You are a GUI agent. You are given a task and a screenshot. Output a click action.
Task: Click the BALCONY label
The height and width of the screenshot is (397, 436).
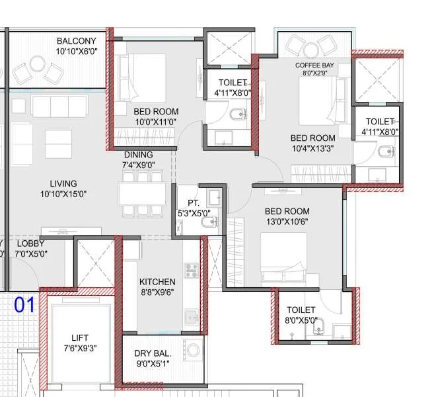pyautogui.click(x=76, y=41)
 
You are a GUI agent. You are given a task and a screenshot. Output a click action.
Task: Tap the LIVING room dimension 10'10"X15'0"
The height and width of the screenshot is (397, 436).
pyautogui.click(x=63, y=194)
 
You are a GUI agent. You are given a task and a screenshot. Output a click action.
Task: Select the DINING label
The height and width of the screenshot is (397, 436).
pyautogui.click(x=139, y=155)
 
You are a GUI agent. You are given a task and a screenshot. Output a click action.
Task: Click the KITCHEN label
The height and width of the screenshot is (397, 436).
pyautogui.click(x=157, y=282)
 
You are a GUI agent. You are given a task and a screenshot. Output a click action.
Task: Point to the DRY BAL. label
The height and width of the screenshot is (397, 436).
pyautogui.click(x=153, y=353)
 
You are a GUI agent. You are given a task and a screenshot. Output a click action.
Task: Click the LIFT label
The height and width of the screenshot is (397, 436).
pyautogui.click(x=80, y=338)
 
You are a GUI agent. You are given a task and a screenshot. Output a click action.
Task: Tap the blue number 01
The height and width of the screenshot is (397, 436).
pyautogui.click(x=24, y=305)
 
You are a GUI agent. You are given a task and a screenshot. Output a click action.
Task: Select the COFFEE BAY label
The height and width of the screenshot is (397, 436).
pyautogui.click(x=314, y=66)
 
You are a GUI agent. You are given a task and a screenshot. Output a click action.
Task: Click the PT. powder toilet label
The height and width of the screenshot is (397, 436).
pyautogui.click(x=194, y=202)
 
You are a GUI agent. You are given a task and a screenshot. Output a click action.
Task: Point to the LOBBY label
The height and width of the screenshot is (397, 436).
pyautogui.click(x=30, y=243)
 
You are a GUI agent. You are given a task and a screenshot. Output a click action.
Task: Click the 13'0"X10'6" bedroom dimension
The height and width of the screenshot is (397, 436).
pyautogui.click(x=287, y=222)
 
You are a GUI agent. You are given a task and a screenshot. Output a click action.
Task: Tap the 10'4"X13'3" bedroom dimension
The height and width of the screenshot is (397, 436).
pyautogui.click(x=313, y=148)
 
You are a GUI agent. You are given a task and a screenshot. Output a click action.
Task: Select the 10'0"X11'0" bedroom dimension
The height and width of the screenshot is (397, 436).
pyautogui.click(x=156, y=122)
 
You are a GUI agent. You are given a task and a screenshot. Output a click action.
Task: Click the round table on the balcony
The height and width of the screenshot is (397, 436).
pyautogui.click(x=38, y=64)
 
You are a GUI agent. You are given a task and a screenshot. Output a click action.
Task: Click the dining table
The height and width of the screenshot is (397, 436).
pyautogui.click(x=143, y=194)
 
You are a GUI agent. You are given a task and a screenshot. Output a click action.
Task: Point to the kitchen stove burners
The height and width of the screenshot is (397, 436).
pyautogui.click(x=192, y=270)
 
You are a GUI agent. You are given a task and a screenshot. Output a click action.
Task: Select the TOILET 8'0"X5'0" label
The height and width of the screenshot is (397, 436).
pyautogui.click(x=301, y=315)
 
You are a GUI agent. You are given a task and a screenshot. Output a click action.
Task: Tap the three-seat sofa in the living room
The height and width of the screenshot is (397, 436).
pyautogui.click(x=59, y=106)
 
